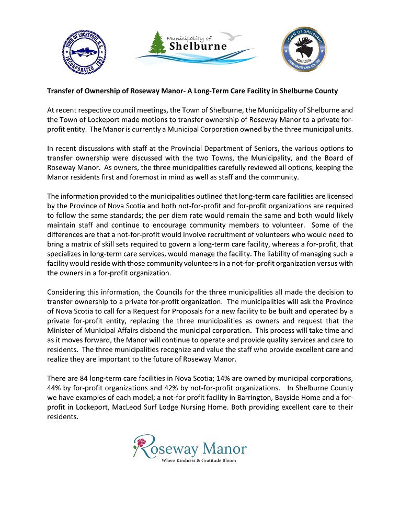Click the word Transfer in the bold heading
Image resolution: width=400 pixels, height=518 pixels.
tap(61, 91)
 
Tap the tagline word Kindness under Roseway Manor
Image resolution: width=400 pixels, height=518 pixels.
tap(187, 460)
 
